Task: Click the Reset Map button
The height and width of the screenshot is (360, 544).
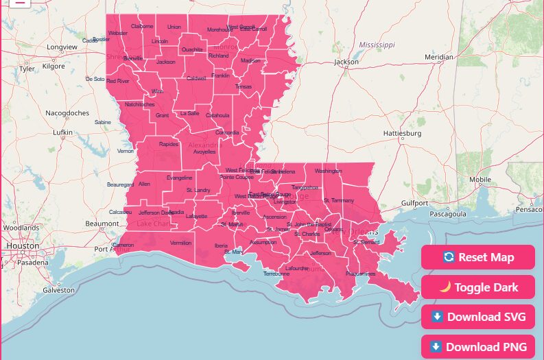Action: pyautogui.click(x=478, y=257)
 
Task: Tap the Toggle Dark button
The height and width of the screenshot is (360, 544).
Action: pyautogui.click(x=478, y=287)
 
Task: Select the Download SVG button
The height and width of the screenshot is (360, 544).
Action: pyautogui.click(x=478, y=317)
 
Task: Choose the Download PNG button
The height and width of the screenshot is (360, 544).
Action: pyautogui.click(x=478, y=347)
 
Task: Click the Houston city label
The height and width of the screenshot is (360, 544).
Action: pyautogui.click(x=23, y=245)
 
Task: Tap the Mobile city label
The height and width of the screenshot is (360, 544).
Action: pyautogui.click(x=480, y=180)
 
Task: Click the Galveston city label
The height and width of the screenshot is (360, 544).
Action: pyautogui.click(x=58, y=290)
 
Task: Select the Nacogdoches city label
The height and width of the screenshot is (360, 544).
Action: pyautogui.click(x=67, y=112)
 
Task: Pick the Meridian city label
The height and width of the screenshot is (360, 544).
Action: pyautogui.click(x=439, y=57)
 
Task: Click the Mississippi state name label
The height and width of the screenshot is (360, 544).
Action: pyautogui.click(x=377, y=45)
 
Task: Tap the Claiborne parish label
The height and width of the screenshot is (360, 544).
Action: pyautogui.click(x=142, y=26)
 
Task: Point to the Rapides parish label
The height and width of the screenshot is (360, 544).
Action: pyautogui.click(x=169, y=145)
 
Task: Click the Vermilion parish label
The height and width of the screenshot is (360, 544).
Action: pyautogui.click(x=181, y=243)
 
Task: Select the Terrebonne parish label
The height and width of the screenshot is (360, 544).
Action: pyautogui.click(x=276, y=274)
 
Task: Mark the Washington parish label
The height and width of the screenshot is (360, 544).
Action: pyautogui.click(x=328, y=171)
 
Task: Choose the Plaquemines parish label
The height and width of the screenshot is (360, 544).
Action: pyautogui.click(x=361, y=274)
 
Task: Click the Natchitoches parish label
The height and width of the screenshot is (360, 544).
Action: pyautogui.click(x=140, y=104)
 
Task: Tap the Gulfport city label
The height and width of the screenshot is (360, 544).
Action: pyautogui.click(x=415, y=203)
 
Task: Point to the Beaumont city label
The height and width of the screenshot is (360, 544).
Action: pyautogui.click(x=102, y=224)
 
